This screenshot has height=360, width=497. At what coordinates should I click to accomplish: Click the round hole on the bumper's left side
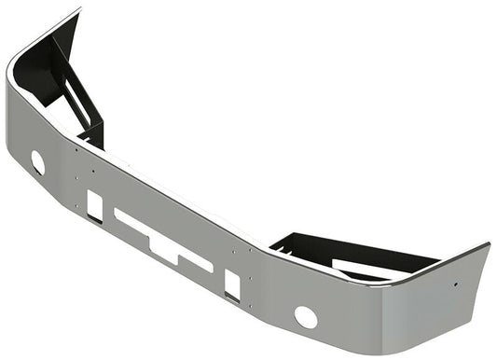(37, 162)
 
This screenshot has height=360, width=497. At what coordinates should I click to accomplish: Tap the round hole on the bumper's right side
(305, 316)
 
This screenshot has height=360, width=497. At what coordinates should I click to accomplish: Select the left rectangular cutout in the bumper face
(94, 205)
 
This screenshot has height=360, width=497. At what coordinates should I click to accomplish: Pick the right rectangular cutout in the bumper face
(232, 284)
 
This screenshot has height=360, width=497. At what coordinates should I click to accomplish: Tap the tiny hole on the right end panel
(455, 284)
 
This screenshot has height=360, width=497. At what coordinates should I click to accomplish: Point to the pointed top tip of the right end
(487, 245)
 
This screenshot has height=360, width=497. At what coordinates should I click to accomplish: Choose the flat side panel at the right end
(438, 298)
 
